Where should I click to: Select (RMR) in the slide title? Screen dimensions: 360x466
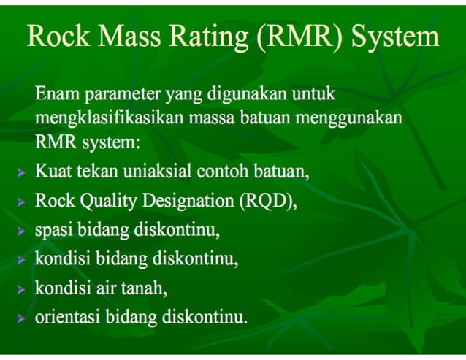click(x=298, y=37)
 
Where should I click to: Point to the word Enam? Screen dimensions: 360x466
click(x=57, y=93)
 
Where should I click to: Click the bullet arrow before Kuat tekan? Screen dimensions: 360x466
click(x=23, y=173)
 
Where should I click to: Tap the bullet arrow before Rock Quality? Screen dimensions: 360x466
click(x=23, y=202)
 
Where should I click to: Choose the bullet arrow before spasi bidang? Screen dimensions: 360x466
click(x=23, y=231)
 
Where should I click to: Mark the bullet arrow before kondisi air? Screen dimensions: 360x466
click(x=23, y=288)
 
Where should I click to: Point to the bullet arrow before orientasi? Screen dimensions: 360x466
click(x=23, y=318)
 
